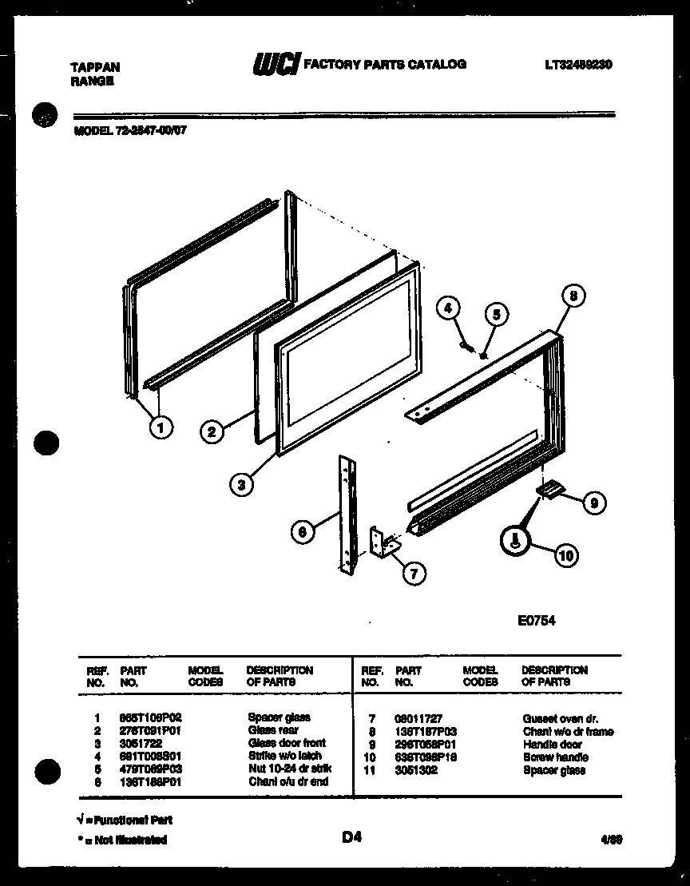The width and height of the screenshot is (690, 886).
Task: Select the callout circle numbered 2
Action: coord(212,432)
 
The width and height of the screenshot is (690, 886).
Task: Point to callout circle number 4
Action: coord(449,307)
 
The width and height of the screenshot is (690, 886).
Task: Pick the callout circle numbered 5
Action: coord(496,315)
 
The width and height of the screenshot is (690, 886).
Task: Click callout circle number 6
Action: coord(302,533)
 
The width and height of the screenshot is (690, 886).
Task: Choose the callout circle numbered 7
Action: coord(414,572)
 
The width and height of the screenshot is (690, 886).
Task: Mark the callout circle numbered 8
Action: coord(573,295)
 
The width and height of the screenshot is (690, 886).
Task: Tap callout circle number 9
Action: coord(593,503)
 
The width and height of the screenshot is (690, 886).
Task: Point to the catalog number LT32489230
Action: coord(577,65)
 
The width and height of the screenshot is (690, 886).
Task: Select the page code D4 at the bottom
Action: coord(352,837)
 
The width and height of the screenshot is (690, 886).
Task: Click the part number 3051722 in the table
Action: coord(136,743)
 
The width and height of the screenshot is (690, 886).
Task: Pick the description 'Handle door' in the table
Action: coord(552,745)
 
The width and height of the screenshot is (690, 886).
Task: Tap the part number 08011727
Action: coord(418,719)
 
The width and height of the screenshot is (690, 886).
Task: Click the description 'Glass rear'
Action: coord(273,730)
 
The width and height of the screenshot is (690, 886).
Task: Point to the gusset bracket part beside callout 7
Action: coord(385,544)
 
